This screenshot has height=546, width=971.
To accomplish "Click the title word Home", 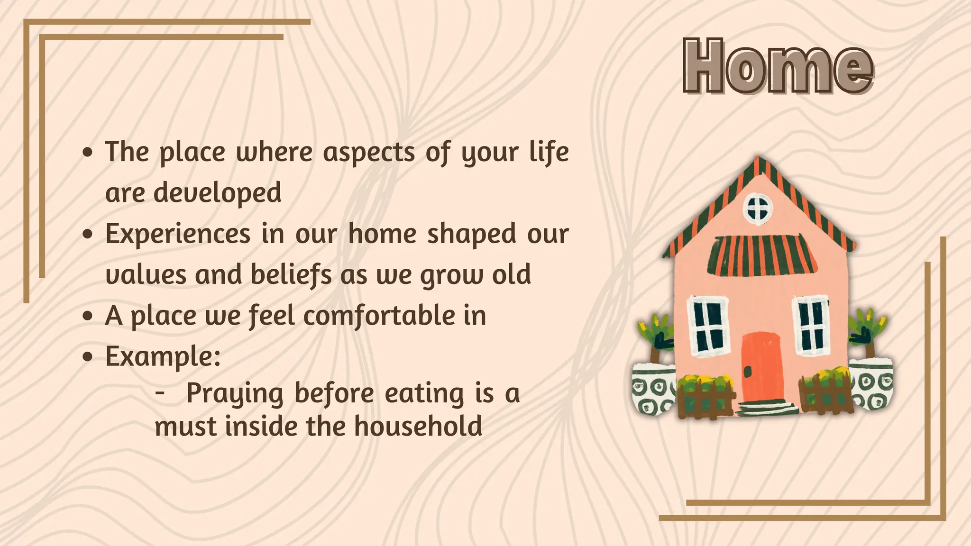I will click(778, 66).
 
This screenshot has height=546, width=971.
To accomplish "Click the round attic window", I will click(757, 209).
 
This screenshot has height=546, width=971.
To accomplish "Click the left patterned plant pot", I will click(653, 389).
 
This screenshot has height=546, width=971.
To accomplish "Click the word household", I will click(418, 426).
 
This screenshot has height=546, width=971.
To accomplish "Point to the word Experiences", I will click(178, 235).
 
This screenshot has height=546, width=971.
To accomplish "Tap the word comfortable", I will click(379, 316).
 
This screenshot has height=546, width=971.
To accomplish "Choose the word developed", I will click(217, 193).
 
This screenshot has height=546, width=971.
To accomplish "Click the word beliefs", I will click(291, 275).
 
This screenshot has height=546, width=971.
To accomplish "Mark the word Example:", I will click(163, 357).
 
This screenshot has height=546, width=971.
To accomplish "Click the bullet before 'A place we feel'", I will click(87, 316).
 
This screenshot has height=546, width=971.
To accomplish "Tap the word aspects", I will click(369, 153).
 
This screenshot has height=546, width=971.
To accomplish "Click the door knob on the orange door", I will click(748, 371).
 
